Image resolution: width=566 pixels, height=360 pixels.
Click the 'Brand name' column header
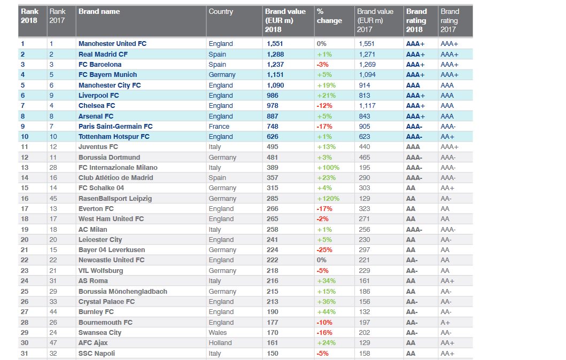[99, 11]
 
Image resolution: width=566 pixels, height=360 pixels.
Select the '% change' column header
[329, 16]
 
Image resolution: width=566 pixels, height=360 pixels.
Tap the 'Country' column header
[221, 11]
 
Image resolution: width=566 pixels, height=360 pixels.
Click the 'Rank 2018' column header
[30, 16]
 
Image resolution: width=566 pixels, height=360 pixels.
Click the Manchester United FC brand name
[112, 44]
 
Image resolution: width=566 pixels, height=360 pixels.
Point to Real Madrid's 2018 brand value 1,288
[275, 54]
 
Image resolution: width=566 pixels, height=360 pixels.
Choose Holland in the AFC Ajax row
[220, 343]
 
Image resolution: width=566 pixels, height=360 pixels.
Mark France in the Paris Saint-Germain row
[219, 127]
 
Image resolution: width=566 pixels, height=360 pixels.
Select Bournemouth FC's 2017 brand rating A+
[445, 323]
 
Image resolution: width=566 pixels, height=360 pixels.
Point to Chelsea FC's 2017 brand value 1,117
[367, 106]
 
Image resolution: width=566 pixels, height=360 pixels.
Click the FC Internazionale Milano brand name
[118, 168]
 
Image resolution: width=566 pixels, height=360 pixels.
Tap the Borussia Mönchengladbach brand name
[122, 292]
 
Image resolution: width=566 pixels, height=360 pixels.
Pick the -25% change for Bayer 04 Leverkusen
[324, 250]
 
